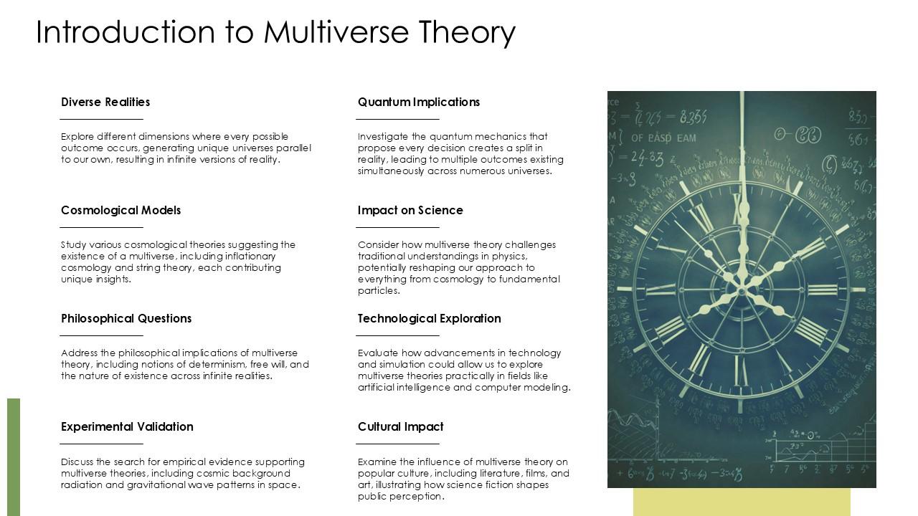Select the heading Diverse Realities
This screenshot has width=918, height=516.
pos(105,102)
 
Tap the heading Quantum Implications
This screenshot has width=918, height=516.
pos(419,102)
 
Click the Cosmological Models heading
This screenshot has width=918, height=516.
pos(120,210)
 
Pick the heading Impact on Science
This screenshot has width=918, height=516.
pos(410,210)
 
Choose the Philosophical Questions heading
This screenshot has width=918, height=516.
pos(126,318)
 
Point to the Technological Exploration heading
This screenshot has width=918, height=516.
pos(429,318)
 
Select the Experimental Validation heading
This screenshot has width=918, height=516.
pos(127,426)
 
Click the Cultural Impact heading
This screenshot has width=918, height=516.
pos(400,426)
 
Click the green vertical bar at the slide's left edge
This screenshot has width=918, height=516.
pos(14,457)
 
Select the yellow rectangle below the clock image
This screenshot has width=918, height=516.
pos(742,502)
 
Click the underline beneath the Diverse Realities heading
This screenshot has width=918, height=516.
pos(101,119)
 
